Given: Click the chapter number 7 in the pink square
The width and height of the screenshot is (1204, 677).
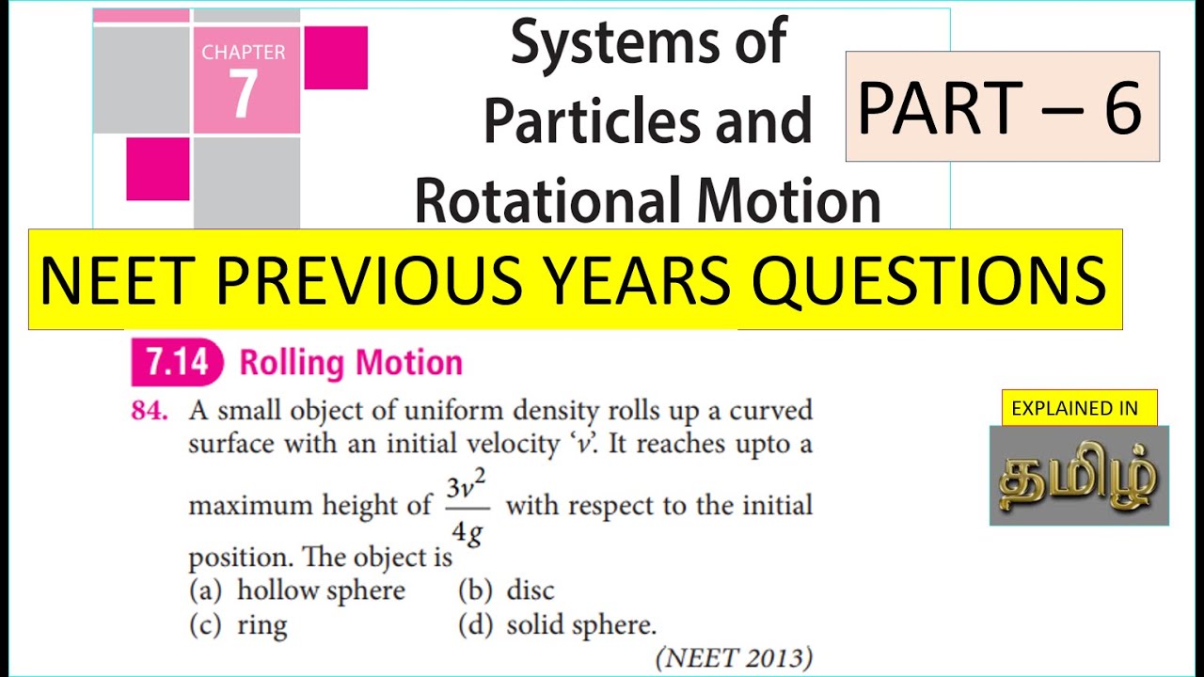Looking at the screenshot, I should click(x=243, y=94).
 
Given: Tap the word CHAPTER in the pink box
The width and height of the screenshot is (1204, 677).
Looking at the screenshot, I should click(x=244, y=53).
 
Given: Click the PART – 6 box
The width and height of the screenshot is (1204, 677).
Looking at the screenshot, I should click(x=1002, y=106).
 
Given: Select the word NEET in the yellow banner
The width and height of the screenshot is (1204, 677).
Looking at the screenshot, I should click(x=118, y=279).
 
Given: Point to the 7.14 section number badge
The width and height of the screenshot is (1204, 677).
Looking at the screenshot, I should click(x=176, y=363).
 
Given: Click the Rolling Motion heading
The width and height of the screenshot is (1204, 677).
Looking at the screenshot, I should click(x=351, y=363).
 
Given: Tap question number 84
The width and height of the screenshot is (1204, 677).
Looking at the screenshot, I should click(x=150, y=411).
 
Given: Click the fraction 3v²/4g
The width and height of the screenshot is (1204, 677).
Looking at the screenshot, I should click(x=467, y=509).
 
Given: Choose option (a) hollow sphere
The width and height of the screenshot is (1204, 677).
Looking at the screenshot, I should click(x=297, y=590).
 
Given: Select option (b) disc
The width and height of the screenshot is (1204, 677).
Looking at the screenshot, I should click(x=506, y=590).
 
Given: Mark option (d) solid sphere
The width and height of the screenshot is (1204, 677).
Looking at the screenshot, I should click(x=557, y=625).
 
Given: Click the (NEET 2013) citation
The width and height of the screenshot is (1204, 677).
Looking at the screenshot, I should click(x=733, y=658).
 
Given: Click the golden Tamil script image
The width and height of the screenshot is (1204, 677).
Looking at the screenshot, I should click(x=1079, y=476).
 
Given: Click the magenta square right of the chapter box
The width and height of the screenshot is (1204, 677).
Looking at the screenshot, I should click(x=336, y=57).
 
